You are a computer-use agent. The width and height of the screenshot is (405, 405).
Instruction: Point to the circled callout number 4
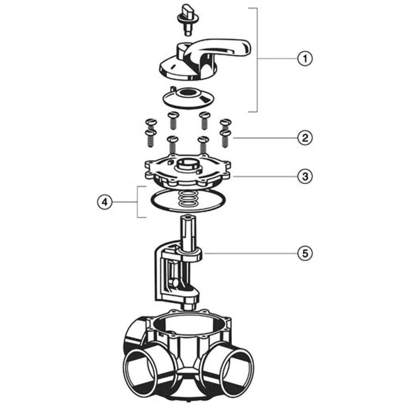(x=104, y=202)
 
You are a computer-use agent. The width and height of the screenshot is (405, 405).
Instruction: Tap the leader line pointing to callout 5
(x=251, y=253)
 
